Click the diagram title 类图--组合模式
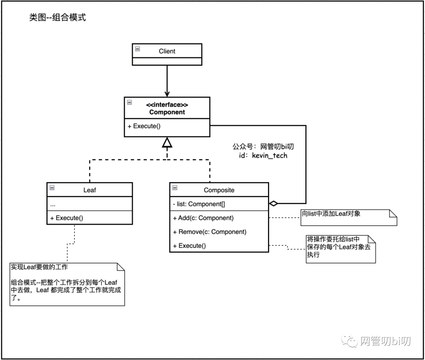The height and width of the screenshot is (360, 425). (57, 17)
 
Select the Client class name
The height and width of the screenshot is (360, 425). (167, 51)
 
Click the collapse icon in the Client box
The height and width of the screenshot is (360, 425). (137, 49)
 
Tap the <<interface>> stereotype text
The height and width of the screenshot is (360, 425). (167, 105)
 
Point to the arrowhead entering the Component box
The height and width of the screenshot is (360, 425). (167, 94)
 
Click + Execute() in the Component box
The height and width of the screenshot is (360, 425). (144, 126)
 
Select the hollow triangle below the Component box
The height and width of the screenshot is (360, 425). (167, 143)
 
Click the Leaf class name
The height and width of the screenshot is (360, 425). (89, 190)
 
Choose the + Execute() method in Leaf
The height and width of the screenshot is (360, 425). (67, 218)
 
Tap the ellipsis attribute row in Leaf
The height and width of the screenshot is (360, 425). (53, 204)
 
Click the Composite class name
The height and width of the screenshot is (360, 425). (219, 190)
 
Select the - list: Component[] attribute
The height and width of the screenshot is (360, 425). (199, 204)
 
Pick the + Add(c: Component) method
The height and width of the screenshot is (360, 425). (203, 218)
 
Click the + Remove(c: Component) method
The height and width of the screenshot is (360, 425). (209, 232)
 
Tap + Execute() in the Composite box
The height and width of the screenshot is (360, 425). (189, 246)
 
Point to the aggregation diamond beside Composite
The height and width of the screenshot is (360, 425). (273, 204)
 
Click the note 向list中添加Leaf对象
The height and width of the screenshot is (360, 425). (331, 213)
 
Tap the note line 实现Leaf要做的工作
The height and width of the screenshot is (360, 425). (39, 267)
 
